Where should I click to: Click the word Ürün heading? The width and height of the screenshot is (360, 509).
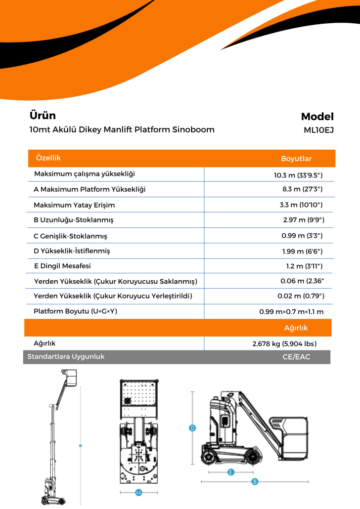tap(43, 116)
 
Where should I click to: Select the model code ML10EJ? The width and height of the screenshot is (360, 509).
tap(318, 131)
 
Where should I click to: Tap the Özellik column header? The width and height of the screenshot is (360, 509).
tap(48, 158)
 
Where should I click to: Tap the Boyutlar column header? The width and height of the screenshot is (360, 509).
tap(296, 159)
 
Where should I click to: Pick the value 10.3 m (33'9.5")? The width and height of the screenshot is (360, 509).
tap(298, 175)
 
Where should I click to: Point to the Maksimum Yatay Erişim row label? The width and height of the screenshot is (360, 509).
tap(74, 205)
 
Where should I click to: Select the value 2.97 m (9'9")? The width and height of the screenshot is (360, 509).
tap(304, 220)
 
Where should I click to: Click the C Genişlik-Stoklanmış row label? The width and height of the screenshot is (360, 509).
tap(70, 236)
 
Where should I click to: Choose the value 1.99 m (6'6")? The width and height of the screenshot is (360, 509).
tap(303, 251)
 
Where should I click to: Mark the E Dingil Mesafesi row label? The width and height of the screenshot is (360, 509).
tap(62, 266)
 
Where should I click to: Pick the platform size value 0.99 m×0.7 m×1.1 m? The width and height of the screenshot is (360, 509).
tap(291, 312)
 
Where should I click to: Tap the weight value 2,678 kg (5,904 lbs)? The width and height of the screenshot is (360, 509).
tap(284, 343)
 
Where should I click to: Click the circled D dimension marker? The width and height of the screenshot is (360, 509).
tap(193, 428)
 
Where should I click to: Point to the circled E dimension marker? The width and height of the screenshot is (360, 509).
tap(230, 472)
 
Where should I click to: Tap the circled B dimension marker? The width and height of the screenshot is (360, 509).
tap(255, 481)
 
